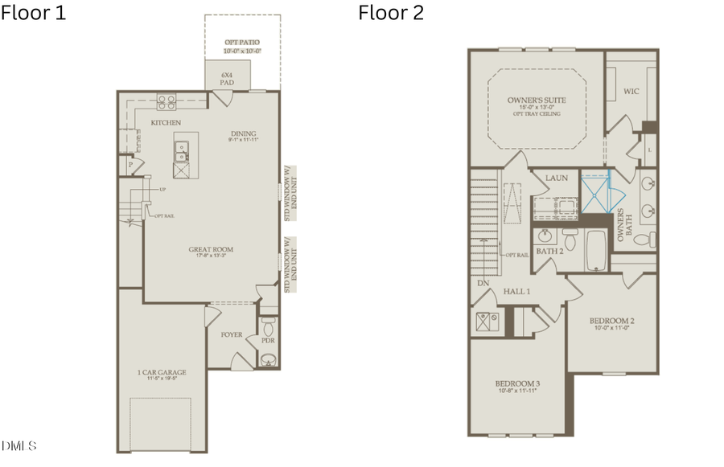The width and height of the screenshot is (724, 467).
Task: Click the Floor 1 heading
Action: pyautogui.click(x=34, y=13)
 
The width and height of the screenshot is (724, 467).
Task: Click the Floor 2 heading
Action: pyautogui.click(x=391, y=13)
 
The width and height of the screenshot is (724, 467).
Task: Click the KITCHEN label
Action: pyautogui.click(x=167, y=122)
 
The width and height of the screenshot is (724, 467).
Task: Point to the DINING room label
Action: pyautogui.click(x=242, y=134)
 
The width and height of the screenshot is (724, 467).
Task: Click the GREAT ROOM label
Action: pyautogui.click(x=211, y=250)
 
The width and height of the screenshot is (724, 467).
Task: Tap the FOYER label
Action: pyautogui.click(x=232, y=334)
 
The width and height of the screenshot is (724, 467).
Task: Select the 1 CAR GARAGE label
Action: pyautogui.click(x=162, y=372)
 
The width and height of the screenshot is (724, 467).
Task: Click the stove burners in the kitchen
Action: pyautogui.click(x=167, y=101)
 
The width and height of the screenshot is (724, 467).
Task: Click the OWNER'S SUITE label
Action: pyautogui.click(x=537, y=100)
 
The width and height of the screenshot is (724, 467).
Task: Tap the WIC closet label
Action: pyautogui.click(x=631, y=92)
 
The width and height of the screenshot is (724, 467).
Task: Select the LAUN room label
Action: pyautogui.click(x=557, y=178)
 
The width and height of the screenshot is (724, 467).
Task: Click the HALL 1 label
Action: pyautogui.click(x=516, y=291)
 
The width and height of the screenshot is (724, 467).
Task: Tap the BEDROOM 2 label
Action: pyautogui.click(x=611, y=321)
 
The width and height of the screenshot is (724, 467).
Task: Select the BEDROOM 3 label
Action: pyautogui.click(x=517, y=384)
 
